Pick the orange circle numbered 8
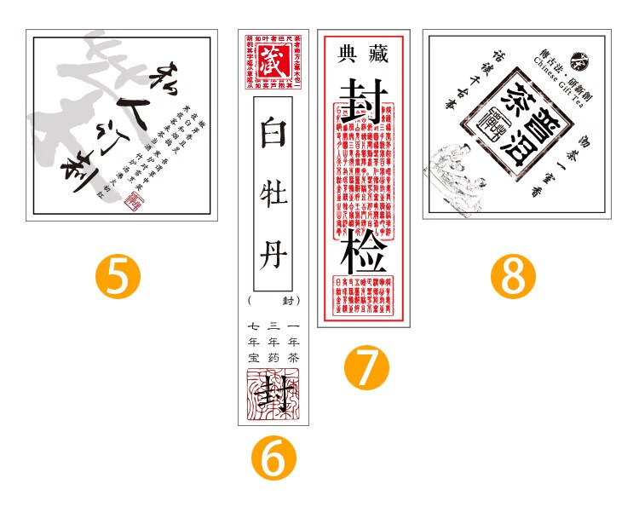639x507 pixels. click(513, 276)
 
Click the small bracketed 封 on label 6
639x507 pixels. click(287, 301)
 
